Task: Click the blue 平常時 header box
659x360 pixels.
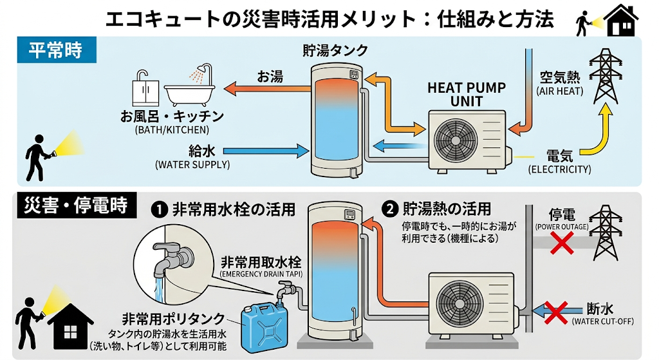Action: pos(57,50)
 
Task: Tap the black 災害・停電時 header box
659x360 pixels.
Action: pos(77,205)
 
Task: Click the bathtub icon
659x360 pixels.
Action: pos(189,87)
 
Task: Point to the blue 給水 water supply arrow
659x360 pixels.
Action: pos(266,151)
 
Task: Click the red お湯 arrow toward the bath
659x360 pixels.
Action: pos(267,88)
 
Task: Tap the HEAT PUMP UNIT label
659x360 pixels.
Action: pos(467,95)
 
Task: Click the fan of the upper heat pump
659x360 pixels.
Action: pos(456,139)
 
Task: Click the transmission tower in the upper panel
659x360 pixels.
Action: pos(605,76)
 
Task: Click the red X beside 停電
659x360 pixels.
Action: pos(562,243)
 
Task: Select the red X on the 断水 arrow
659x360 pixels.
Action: pos(556,312)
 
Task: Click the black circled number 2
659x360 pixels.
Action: pos(391,209)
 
